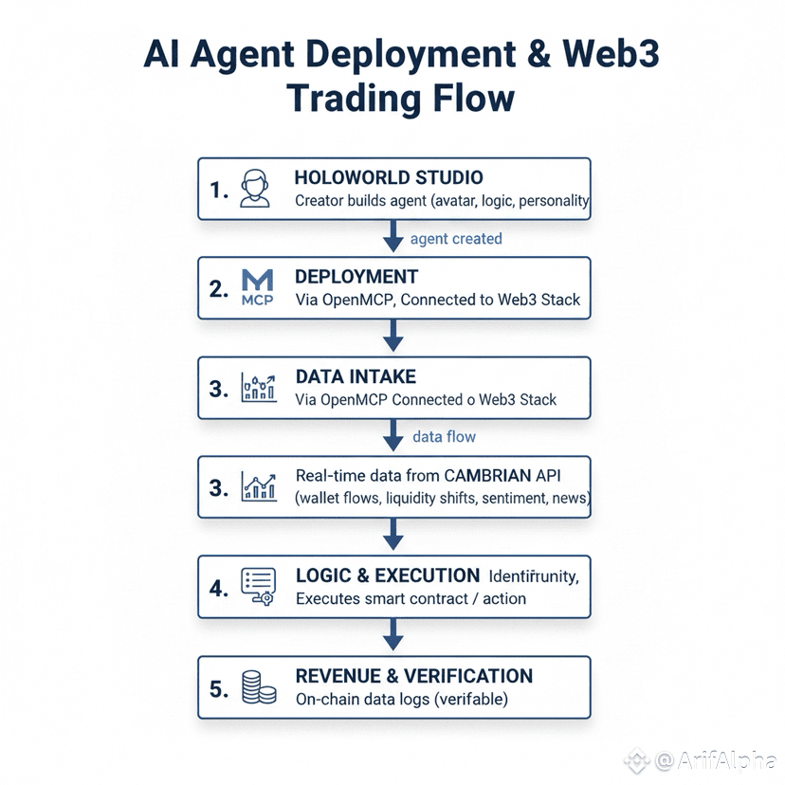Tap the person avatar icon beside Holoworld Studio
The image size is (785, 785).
[253, 189]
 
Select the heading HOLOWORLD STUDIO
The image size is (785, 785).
[389, 177]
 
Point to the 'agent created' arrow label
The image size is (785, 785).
[456, 239]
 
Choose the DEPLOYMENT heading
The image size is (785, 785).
[356, 277]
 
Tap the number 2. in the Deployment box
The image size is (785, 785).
[218, 289]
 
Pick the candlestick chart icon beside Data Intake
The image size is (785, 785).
[258, 388]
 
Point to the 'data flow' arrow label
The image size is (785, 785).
[445, 437]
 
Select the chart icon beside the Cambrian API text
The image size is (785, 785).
[258, 486]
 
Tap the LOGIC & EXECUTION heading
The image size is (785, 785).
[388, 575]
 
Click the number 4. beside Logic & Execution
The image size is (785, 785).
[218, 588]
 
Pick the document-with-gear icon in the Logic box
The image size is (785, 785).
[258, 586]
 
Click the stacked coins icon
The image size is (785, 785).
[258, 687]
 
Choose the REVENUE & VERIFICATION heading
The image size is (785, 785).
[414, 676]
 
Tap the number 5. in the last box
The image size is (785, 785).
[218, 689]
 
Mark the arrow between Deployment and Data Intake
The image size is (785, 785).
[392, 336]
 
